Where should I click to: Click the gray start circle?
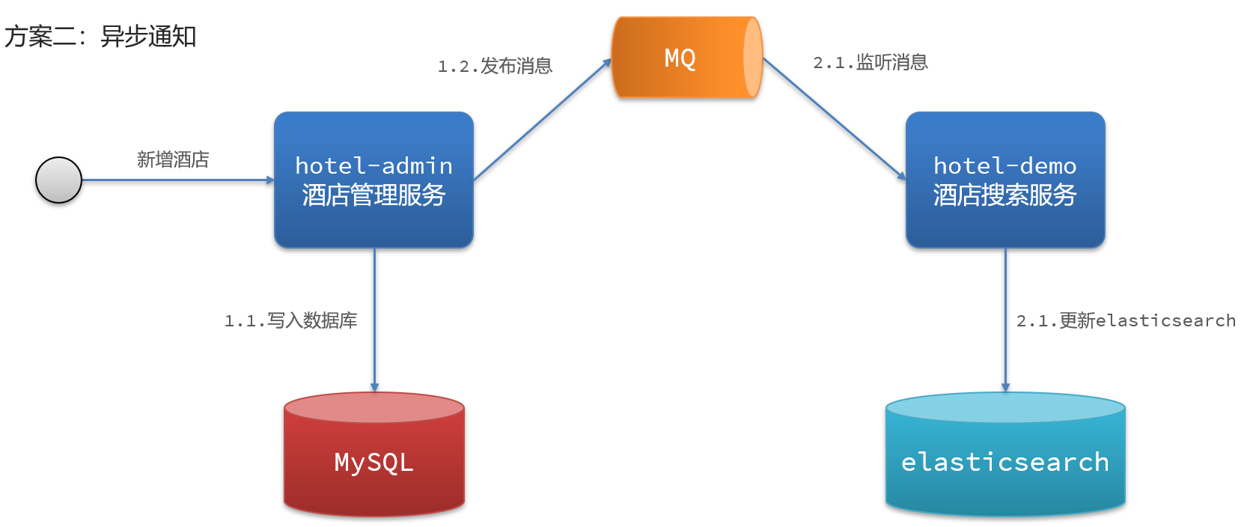tap(58, 180)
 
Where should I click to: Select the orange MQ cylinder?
tap(687, 58)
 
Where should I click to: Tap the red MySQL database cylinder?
tap(374, 454)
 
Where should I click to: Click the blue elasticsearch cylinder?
tap(1005, 454)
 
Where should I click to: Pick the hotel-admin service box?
tap(374, 180)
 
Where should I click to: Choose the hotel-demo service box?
tap(1005, 180)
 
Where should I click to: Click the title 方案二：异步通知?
tap(100, 37)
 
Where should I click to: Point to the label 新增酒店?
tap(173, 159)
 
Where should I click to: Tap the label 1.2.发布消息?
tap(495, 66)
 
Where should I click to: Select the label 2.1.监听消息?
tap(870, 62)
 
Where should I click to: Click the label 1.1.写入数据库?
tap(290, 320)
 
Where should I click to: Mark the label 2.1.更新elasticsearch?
tap(1126, 320)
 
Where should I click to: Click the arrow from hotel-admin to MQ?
tap(542, 119)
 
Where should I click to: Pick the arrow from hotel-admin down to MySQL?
tap(374, 320)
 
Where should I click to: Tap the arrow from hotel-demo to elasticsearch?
tap(1005, 320)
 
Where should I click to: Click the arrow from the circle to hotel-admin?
tap(178, 180)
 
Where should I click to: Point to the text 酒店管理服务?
tap(374, 195)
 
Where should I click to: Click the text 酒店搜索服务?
tap(1004, 195)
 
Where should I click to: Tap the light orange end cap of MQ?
tap(753, 58)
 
